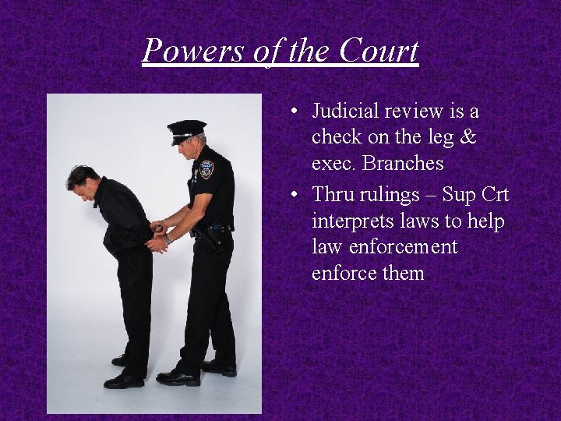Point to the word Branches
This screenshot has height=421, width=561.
pos(406,164)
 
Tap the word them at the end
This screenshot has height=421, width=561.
pos(402,274)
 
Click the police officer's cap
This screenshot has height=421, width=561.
pos(187,129)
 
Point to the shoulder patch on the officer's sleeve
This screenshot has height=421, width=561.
pos(206,169)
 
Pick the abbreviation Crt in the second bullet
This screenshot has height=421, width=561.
pos(492,194)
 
